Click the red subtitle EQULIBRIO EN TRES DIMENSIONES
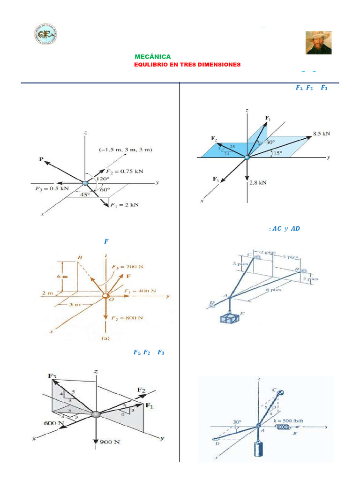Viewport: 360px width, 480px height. click(x=187, y=64)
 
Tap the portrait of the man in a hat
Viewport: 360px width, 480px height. click(x=318, y=43)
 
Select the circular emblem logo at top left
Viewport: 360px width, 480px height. click(x=45, y=35)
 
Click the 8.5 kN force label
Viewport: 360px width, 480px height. click(x=322, y=133)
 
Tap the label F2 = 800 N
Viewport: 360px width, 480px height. click(x=127, y=318)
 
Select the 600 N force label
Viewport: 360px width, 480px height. click(x=54, y=423)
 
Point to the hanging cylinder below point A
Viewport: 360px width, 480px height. click(x=258, y=450)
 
